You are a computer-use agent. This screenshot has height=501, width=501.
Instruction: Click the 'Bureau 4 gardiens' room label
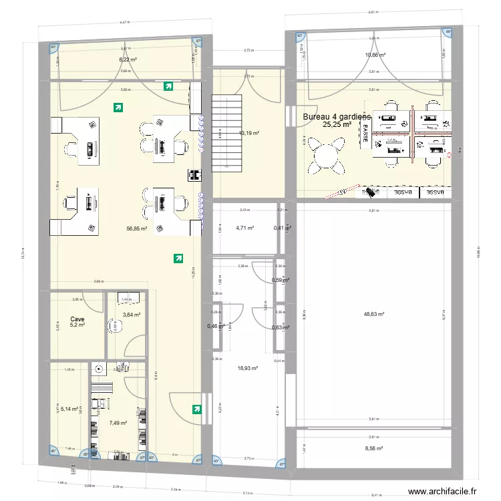click(337, 117)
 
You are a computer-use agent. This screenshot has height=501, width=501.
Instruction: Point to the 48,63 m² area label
click(373, 313)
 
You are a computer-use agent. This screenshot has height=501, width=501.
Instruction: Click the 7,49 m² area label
click(118, 423)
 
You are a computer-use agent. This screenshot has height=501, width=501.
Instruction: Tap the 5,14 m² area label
click(70, 407)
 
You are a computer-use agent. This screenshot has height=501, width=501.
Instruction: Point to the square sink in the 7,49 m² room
click(100, 368)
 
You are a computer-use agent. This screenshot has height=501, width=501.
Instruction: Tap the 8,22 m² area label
click(128, 59)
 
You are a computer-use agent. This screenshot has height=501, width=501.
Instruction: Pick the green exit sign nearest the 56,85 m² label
click(177, 257)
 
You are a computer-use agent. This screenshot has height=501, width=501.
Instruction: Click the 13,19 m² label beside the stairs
click(248, 133)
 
